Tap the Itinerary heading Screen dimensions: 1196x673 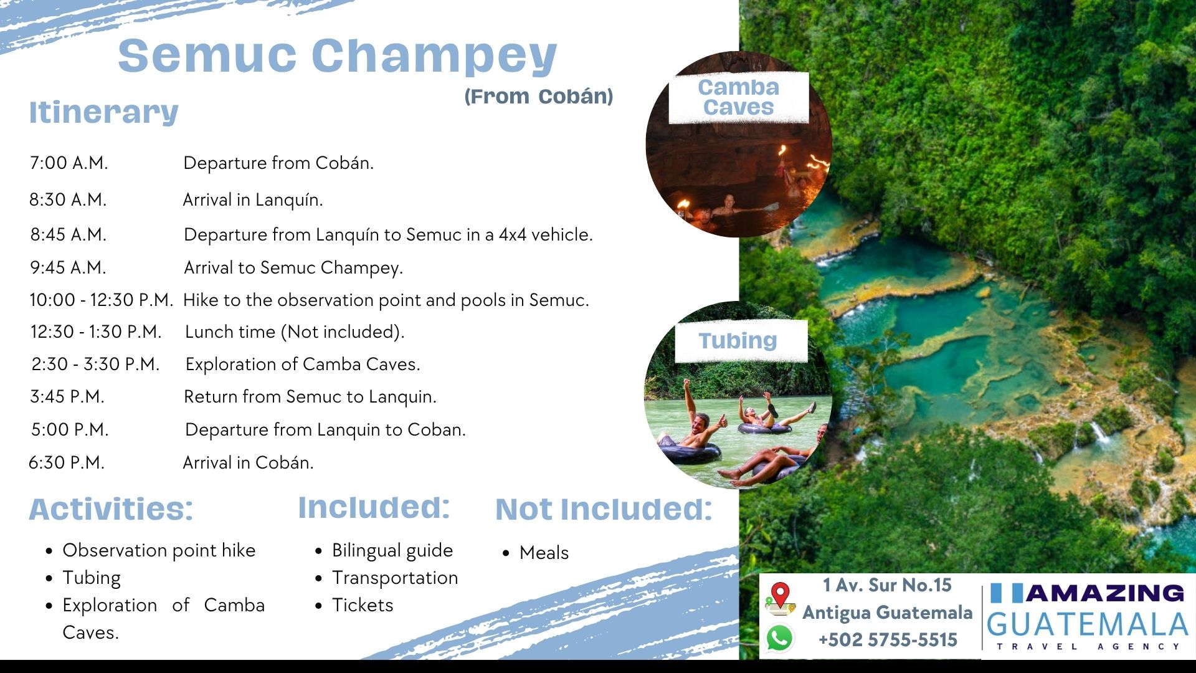(104, 113)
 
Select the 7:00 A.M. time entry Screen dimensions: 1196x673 (69, 163)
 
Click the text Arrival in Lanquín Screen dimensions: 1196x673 (253, 200)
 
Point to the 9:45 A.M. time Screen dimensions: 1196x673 (69, 268)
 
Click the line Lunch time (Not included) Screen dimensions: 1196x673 (295, 332)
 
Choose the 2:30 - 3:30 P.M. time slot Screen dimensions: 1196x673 (95, 365)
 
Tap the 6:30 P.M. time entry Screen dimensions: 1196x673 (67, 463)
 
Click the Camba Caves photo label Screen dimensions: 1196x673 (739, 97)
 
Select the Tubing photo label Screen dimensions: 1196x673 (738, 341)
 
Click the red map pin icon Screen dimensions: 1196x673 (781, 599)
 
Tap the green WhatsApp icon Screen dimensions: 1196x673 (780, 639)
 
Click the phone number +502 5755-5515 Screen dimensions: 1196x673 (888, 640)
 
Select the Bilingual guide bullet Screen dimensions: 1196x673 (392, 551)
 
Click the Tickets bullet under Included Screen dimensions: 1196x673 (363, 606)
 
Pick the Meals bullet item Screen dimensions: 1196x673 (544, 553)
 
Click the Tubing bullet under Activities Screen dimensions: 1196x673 (92, 578)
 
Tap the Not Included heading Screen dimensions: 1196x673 (604, 510)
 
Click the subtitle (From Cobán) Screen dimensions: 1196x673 (539, 97)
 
